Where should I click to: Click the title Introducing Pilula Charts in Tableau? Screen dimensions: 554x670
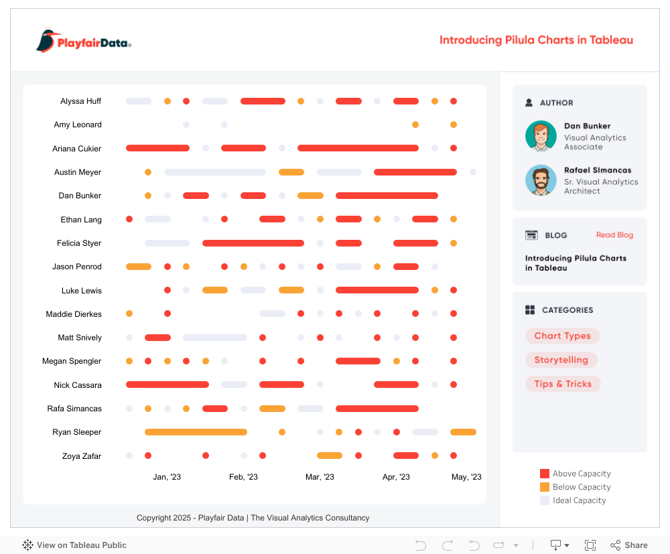[x=536, y=40]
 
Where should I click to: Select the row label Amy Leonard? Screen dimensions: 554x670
[x=78, y=125]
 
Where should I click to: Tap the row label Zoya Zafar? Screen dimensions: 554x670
[x=82, y=456]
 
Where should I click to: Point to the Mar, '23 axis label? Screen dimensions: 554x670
[x=320, y=477]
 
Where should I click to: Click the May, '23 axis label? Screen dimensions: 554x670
[x=466, y=477]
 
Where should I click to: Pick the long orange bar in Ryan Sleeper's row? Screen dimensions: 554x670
[x=196, y=432]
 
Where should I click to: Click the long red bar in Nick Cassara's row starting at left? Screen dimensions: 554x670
[x=167, y=385]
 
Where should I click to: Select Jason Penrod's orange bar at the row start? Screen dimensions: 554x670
[x=139, y=267]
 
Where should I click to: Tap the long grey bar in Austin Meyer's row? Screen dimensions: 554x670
[x=214, y=172]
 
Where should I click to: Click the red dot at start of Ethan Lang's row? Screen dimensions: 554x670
[x=129, y=219]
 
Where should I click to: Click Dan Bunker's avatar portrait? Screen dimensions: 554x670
[x=541, y=136]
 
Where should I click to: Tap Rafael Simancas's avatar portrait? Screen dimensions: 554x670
[x=541, y=180]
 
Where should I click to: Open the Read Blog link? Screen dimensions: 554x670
[x=614, y=235]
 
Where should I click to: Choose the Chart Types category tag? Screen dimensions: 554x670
[x=562, y=336]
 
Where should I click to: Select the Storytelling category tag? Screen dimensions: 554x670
[x=561, y=360]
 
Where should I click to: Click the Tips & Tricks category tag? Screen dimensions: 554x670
[x=563, y=384]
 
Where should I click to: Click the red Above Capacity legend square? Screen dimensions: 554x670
[x=545, y=474]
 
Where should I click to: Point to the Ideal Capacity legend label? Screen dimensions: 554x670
[x=579, y=500]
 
